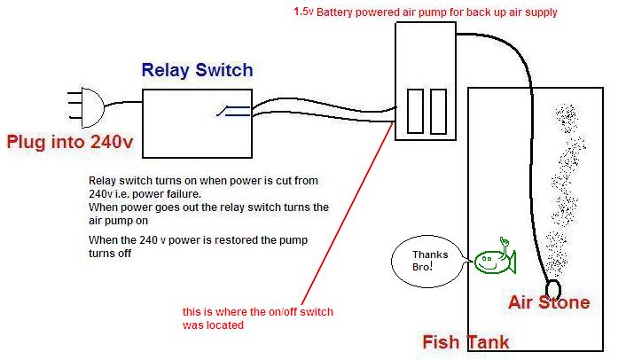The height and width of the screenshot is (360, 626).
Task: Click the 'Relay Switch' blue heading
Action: pos(197,70)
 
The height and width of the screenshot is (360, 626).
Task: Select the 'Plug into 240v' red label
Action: pos(71,141)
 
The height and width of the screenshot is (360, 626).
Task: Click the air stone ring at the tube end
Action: pos(554,289)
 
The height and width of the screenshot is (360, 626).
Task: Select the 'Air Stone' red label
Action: pos(548,303)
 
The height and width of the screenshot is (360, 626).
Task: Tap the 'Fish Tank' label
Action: pos(466,341)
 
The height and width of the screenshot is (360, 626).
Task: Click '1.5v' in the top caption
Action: pos(303,13)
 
